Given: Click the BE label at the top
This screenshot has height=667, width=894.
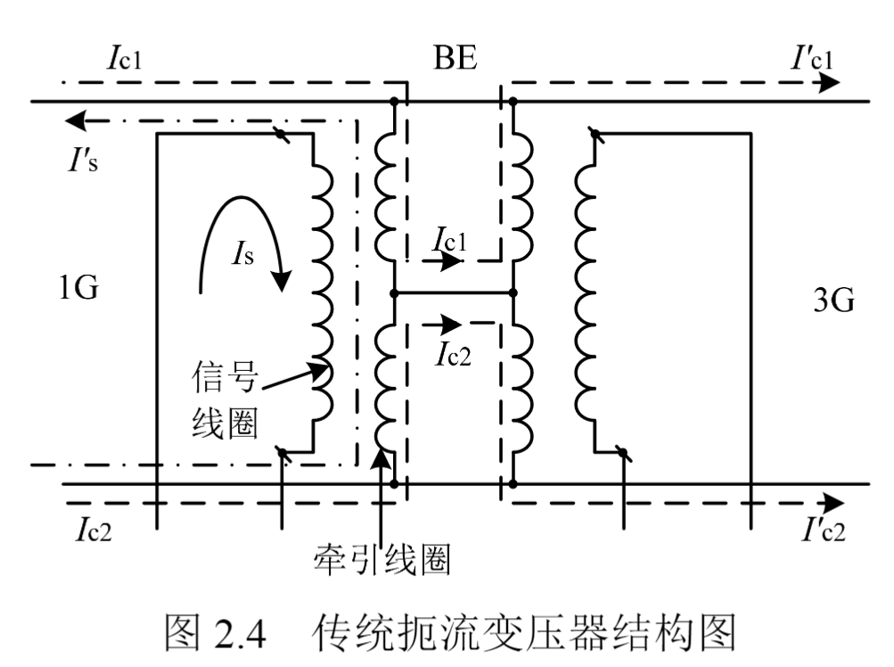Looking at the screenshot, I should coord(455,59).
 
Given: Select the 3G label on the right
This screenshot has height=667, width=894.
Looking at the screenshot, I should coord(833,300).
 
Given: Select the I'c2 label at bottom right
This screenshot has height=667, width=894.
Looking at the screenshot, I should coord(816,531).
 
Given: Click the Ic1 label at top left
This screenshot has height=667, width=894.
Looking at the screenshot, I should coord(126,59).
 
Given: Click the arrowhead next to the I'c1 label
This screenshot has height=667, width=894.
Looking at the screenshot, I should coord(829,84).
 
